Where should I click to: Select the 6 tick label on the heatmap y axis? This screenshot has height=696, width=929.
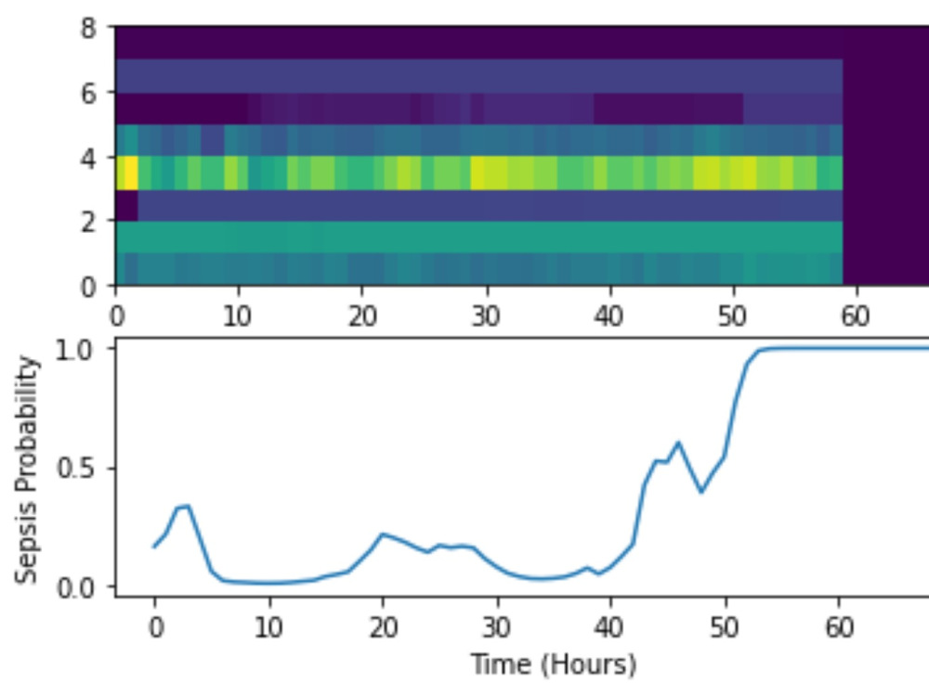[89, 93]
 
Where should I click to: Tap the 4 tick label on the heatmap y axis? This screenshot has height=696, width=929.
[89, 158]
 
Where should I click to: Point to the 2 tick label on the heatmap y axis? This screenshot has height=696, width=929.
[89, 223]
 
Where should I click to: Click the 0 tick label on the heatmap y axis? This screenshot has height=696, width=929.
[89, 287]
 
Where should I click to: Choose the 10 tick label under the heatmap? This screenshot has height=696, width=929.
[238, 317]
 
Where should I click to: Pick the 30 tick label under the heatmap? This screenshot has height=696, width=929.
[486, 317]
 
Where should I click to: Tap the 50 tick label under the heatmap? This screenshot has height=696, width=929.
[733, 317]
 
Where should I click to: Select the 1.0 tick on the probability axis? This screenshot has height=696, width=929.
[75, 350]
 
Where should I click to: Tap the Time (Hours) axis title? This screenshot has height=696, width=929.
[554, 664]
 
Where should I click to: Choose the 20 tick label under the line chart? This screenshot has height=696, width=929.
[384, 627]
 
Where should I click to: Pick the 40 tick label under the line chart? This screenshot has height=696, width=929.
[611, 627]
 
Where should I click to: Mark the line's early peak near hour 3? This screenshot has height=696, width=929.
[188, 506]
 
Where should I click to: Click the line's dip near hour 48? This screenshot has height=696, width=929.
[701, 492]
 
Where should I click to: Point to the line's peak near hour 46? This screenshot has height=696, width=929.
[679, 442]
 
